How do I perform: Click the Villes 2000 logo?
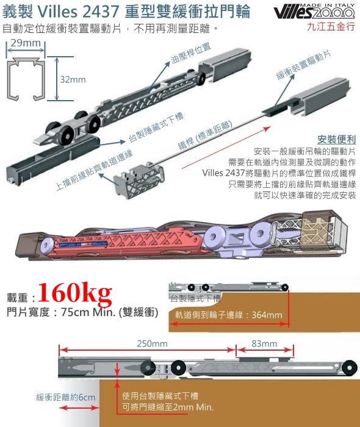(314, 12)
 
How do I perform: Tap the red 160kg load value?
(75, 293)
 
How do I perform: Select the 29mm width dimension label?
(26, 43)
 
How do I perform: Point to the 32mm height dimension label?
(73, 79)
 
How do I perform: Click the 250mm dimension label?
(152, 343)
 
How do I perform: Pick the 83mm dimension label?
(264, 343)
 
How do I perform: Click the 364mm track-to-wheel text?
(228, 315)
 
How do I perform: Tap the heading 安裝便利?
(337, 140)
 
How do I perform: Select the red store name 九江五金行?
(331, 26)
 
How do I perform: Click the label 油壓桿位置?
(191, 54)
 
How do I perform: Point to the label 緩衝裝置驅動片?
(304, 65)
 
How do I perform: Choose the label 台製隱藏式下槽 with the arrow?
(156, 127)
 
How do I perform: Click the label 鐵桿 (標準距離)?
(205, 135)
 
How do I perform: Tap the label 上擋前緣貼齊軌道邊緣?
(94, 170)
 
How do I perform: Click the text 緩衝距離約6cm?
(66, 397)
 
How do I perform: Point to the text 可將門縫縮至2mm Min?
(168, 407)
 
